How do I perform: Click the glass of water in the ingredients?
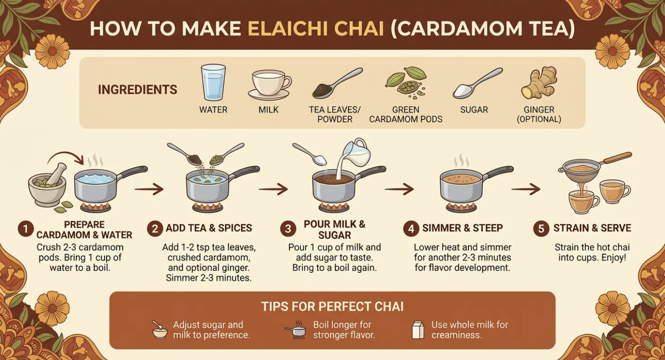pos(213,82)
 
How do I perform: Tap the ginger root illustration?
pos(539,83)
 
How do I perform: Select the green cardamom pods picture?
pos(406,83)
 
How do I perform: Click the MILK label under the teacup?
pos(268,110)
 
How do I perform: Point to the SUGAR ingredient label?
pos(474,110)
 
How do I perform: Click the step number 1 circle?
pos(26,229)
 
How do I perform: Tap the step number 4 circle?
pos(411,229)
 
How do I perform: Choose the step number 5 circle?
pos(541,229)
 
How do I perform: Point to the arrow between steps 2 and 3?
pos(273,189)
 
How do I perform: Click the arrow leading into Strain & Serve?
pos(525,189)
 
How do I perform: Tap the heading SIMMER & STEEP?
pos(462,228)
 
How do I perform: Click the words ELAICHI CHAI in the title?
pos(316,29)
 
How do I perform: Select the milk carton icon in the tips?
pos(418,330)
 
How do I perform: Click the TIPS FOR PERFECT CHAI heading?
pos(332,307)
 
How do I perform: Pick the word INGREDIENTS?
pos(137,90)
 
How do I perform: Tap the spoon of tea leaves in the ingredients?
pos(337,84)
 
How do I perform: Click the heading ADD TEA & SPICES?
pos(209,228)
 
